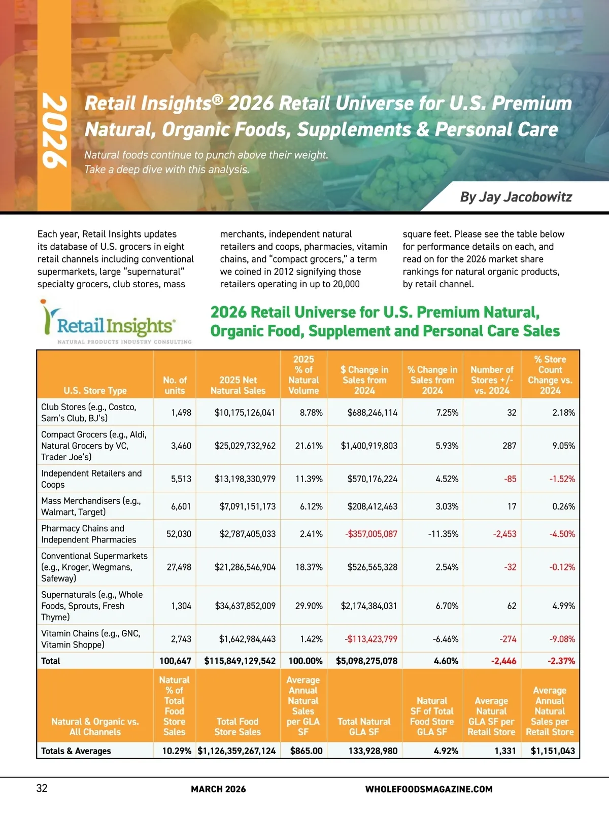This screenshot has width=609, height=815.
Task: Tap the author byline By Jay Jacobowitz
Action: [516, 197]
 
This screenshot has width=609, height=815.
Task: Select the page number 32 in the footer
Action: [42, 788]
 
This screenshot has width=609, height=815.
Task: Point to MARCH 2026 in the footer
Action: [218, 789]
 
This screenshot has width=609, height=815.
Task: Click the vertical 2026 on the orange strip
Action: [54, 131]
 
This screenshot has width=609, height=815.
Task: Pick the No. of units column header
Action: [175, 385]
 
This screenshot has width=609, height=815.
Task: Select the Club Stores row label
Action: [89, 413]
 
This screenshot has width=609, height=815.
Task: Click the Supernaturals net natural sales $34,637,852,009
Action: [245, 606]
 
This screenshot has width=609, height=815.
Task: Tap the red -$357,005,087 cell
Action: [371, 534]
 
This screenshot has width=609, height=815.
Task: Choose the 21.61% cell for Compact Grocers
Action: [309, 446]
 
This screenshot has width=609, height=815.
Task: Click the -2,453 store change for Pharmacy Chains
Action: [504, 534]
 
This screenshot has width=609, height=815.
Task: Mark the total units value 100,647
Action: [175, 661]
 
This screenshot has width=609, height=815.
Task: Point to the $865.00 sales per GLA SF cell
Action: [306, 751]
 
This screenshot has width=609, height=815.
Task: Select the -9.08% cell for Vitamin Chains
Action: [562, 639]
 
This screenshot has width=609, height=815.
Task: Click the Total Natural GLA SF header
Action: [364, 726]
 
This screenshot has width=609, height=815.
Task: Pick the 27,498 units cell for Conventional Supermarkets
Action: [179, 567]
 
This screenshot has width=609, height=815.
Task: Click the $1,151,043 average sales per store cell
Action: [553, 751]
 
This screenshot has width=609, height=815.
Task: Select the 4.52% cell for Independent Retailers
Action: [447, 479]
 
